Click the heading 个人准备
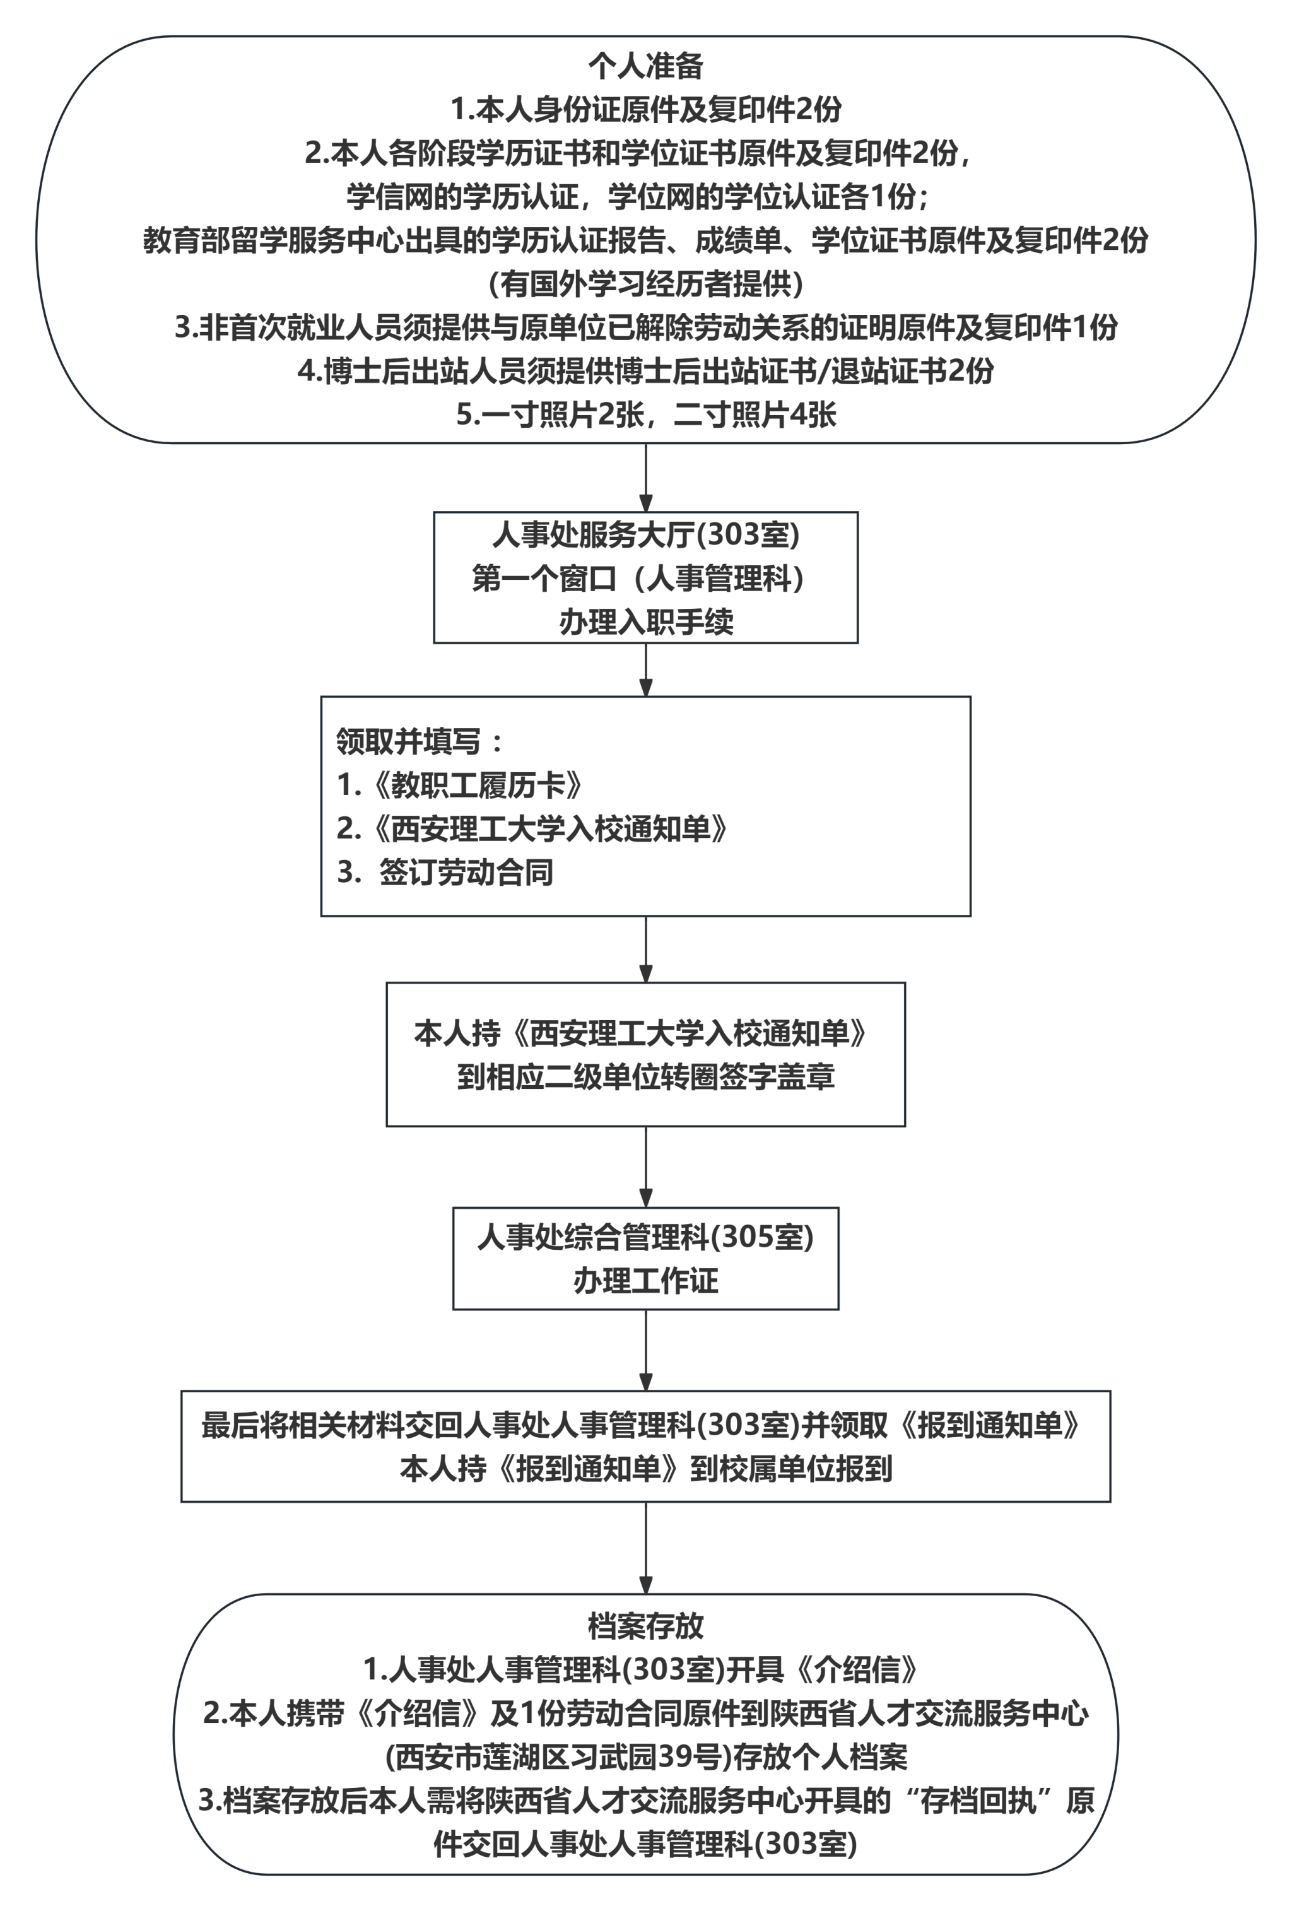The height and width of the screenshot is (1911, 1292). [645, 66]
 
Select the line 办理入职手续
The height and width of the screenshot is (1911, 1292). [645, 621]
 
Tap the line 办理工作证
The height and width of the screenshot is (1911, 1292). [645, 1280]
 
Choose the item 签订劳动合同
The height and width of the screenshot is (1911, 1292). [466, 872]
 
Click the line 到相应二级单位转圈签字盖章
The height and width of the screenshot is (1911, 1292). [645, 1076]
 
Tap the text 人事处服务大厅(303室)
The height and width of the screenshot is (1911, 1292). [645, 534]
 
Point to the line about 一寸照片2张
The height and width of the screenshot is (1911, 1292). [645, 414]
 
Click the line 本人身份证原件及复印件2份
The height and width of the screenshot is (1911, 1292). [645, 109]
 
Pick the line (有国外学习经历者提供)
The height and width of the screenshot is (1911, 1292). [645, 284]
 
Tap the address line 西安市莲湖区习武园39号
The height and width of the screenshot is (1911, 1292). [645, 1756]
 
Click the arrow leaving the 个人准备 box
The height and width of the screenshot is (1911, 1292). [645, 478]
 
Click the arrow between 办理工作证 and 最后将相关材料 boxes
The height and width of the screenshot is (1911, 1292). [645, 1349]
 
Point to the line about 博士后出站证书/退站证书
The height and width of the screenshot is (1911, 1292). [645, 371]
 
